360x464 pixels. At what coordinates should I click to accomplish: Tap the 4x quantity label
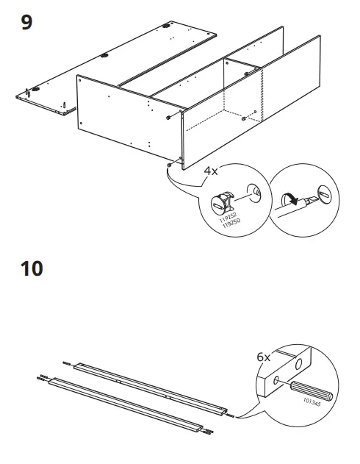(211, 171)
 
